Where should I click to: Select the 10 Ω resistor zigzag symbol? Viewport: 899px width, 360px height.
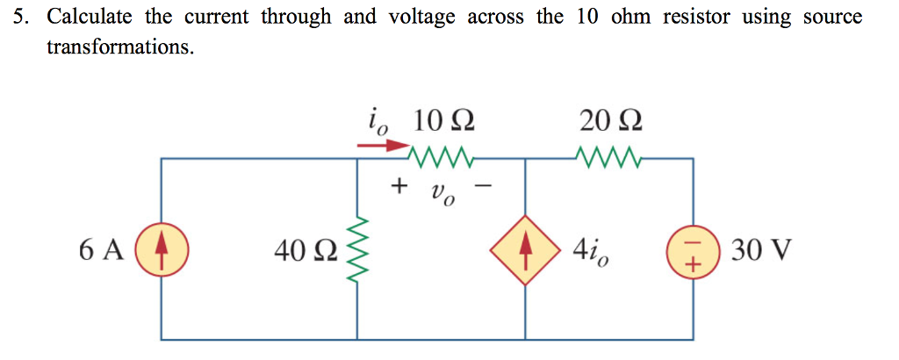tap(442, 159)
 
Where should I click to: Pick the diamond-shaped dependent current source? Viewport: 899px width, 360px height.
tap(525, 250)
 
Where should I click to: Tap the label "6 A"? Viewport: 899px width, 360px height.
tap(101, 251)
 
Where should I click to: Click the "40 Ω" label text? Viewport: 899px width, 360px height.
tap(303, 252)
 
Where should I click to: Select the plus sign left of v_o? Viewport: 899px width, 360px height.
tap(400, 186)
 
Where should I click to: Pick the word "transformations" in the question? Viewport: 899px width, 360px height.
tap(119, 47)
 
